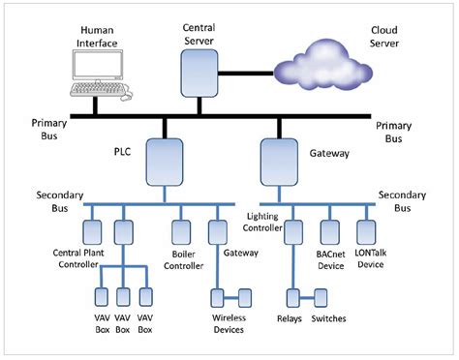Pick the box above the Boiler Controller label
pos(181,232)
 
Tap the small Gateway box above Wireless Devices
pos(217,232)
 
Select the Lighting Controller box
pos(295,232)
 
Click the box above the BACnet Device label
pos(330,232)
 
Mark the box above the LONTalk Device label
pos(366,232)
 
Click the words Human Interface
pos(98,36)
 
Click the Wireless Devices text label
pos(229,323)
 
